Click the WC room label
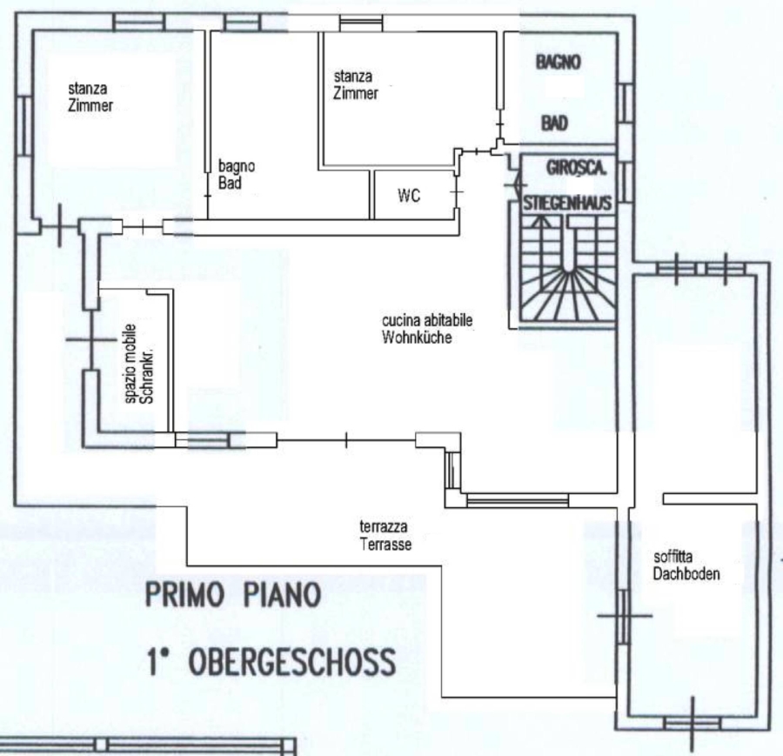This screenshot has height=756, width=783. coord(409,195)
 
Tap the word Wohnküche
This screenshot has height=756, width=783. coord(417,337)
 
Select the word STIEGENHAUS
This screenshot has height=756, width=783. coord(568,204)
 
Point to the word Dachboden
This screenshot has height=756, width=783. coord(686,573)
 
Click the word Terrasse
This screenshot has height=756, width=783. coord(385,544)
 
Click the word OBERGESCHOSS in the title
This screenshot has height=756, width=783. coord(292,662)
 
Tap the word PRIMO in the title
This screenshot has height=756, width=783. coord(184,595)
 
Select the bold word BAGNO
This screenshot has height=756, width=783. coord(559,63)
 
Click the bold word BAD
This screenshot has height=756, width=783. coord(555,123)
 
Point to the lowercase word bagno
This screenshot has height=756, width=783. coord(237,167)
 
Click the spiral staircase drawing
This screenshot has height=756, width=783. coord(568,269)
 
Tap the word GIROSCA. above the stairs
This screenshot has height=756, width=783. coord(577,168)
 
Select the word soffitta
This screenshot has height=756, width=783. coord(673,557)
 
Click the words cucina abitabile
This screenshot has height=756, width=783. coord(427,320)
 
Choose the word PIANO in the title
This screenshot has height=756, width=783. coord(282,595)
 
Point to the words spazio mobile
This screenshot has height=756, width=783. coord(130,364)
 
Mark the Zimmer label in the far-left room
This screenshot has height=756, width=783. coord(90,105)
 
